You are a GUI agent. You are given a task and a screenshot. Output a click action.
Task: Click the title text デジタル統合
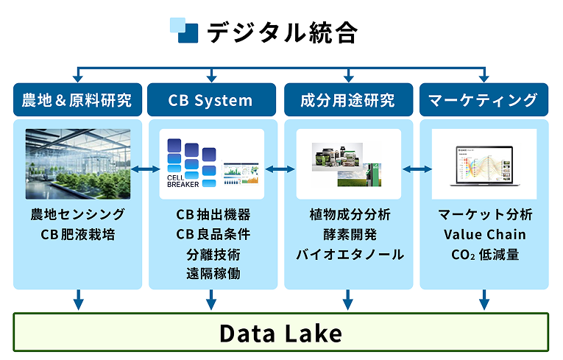[282, 32]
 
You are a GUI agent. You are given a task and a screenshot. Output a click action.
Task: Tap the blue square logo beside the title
[184, 30]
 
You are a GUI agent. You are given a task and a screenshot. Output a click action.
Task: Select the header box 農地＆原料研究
[77, 100]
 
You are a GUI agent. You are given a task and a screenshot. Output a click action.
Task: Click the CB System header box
[210, 100]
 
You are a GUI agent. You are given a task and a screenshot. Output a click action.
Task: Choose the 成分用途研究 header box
[347, 100]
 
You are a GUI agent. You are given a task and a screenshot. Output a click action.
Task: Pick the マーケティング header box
[484, 100]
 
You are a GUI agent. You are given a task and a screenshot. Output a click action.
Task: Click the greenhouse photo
[77, 164]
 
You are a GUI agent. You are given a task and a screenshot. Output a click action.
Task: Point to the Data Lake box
[281, 333]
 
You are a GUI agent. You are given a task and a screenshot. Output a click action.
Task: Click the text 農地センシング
[77, 215]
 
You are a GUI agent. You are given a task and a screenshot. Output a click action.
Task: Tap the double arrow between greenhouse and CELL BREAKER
[145, 170]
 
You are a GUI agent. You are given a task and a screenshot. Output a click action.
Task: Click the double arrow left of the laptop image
[417, 170]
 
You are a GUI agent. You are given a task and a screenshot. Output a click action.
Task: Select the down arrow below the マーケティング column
[484, 300]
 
